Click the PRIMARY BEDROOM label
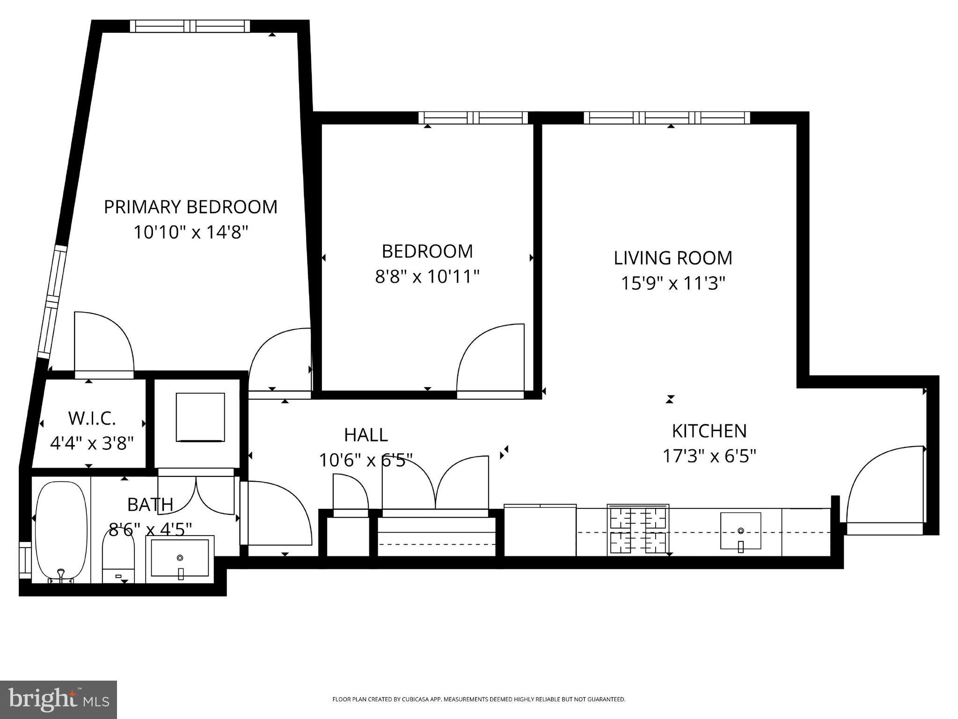(190, 207)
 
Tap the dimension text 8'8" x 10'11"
(427, 277)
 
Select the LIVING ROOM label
(673, 258)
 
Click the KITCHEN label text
(709, 431)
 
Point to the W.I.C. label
(92, 418)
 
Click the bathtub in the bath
(61, 531)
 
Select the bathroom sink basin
(180, 558)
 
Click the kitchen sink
(740, 530)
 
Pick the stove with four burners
(638, 530)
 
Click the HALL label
(366, 435)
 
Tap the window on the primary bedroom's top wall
(190, 26)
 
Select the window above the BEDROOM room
(473, 117)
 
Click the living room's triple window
(667, 117)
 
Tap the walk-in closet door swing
(104, 344)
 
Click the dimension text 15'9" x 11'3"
(673, 283)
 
